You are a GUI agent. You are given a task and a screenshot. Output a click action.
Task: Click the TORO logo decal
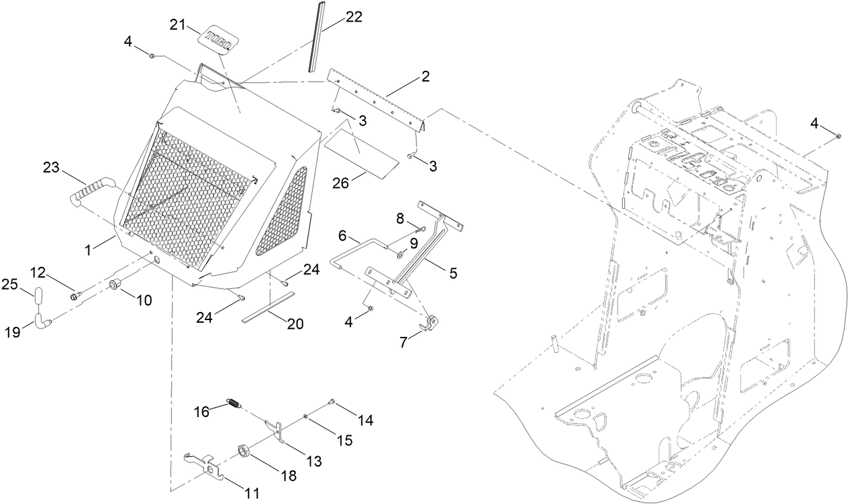(219, 40)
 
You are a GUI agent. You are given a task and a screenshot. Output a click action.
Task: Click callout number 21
(177, 25)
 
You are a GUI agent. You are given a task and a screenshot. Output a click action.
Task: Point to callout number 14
(365, 420)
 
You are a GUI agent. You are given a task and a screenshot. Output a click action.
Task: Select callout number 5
(453, 273)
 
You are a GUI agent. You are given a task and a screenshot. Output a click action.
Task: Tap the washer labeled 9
(398, 255)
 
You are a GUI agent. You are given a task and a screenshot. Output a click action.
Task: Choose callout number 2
(425, 77)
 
